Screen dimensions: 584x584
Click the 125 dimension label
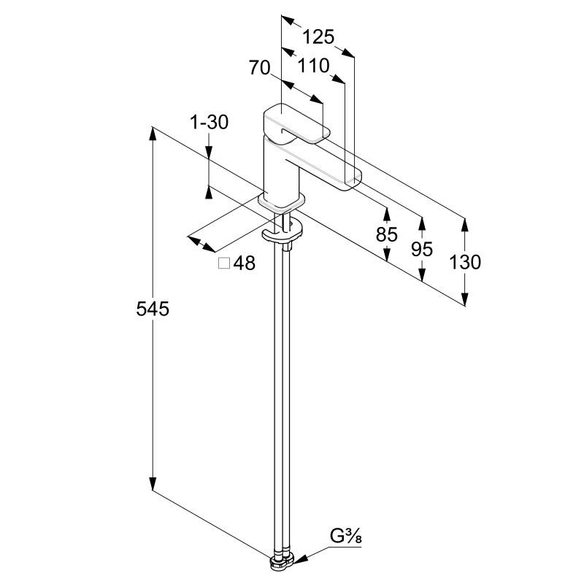pos(318,36)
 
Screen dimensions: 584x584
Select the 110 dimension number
pos(314,66)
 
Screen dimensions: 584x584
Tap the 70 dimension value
pos(260,68)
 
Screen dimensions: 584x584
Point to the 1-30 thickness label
pos(210,123)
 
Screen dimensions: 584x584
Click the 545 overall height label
pos(153,309)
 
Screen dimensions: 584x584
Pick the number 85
pos(386,235)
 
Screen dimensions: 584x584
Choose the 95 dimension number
pos(422,249)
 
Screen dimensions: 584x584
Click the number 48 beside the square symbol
pos(245,264)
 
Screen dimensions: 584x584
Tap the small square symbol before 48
pos(225,264)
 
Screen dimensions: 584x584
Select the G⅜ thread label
pos(347,537)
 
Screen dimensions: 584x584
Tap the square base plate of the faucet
pos(281,200)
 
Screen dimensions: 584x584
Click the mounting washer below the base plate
pos(283,232)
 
